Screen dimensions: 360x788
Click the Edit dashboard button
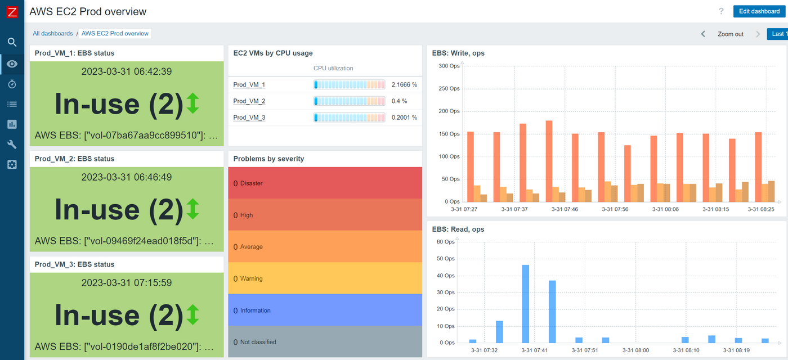[759, 11]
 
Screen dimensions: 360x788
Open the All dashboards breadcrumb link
[52, 34]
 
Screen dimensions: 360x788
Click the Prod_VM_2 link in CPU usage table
[249, 101]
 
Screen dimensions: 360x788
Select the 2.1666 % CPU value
[404, 84]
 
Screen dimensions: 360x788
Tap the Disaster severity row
[325, 183]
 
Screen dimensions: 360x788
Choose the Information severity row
[325, 310]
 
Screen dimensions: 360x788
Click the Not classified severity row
[325, 342]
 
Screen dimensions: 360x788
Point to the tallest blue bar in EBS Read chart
[526, 304]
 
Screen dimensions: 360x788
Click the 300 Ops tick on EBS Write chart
[449, 66]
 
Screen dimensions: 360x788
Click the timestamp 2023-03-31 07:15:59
[127, 283]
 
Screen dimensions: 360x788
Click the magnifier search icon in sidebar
[12, 42]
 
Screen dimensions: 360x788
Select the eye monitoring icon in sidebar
[12, 64]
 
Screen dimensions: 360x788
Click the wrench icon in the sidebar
[12, 145]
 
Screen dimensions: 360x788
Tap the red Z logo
[12, 12]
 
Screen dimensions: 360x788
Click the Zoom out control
[730, 34]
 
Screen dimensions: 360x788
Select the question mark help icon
[721, 11]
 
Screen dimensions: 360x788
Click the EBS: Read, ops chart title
[458, 229]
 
